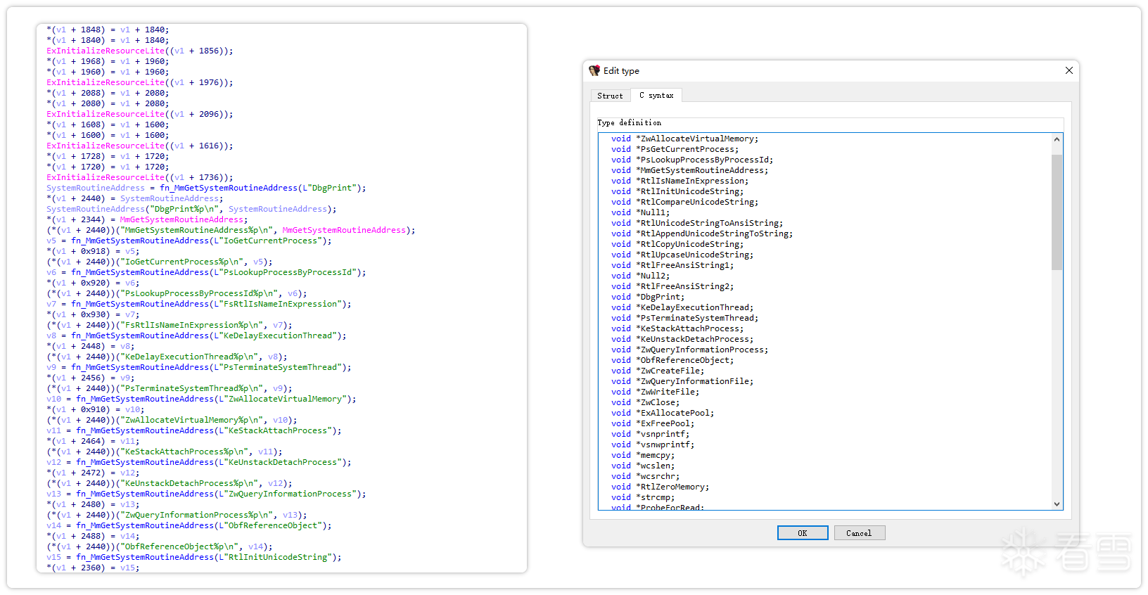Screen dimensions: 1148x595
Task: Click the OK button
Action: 802,533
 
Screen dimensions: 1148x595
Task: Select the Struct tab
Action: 610,96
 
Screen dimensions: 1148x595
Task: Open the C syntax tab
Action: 656,96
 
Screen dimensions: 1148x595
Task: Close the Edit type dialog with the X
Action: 1069,71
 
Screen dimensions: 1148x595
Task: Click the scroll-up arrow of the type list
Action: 1057,139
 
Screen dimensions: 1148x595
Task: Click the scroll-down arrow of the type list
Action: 1057,504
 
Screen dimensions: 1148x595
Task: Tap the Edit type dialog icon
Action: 594,71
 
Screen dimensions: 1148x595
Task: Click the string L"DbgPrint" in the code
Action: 328,188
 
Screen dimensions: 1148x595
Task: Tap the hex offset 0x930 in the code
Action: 96,314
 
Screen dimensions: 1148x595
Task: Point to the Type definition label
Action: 629,123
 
